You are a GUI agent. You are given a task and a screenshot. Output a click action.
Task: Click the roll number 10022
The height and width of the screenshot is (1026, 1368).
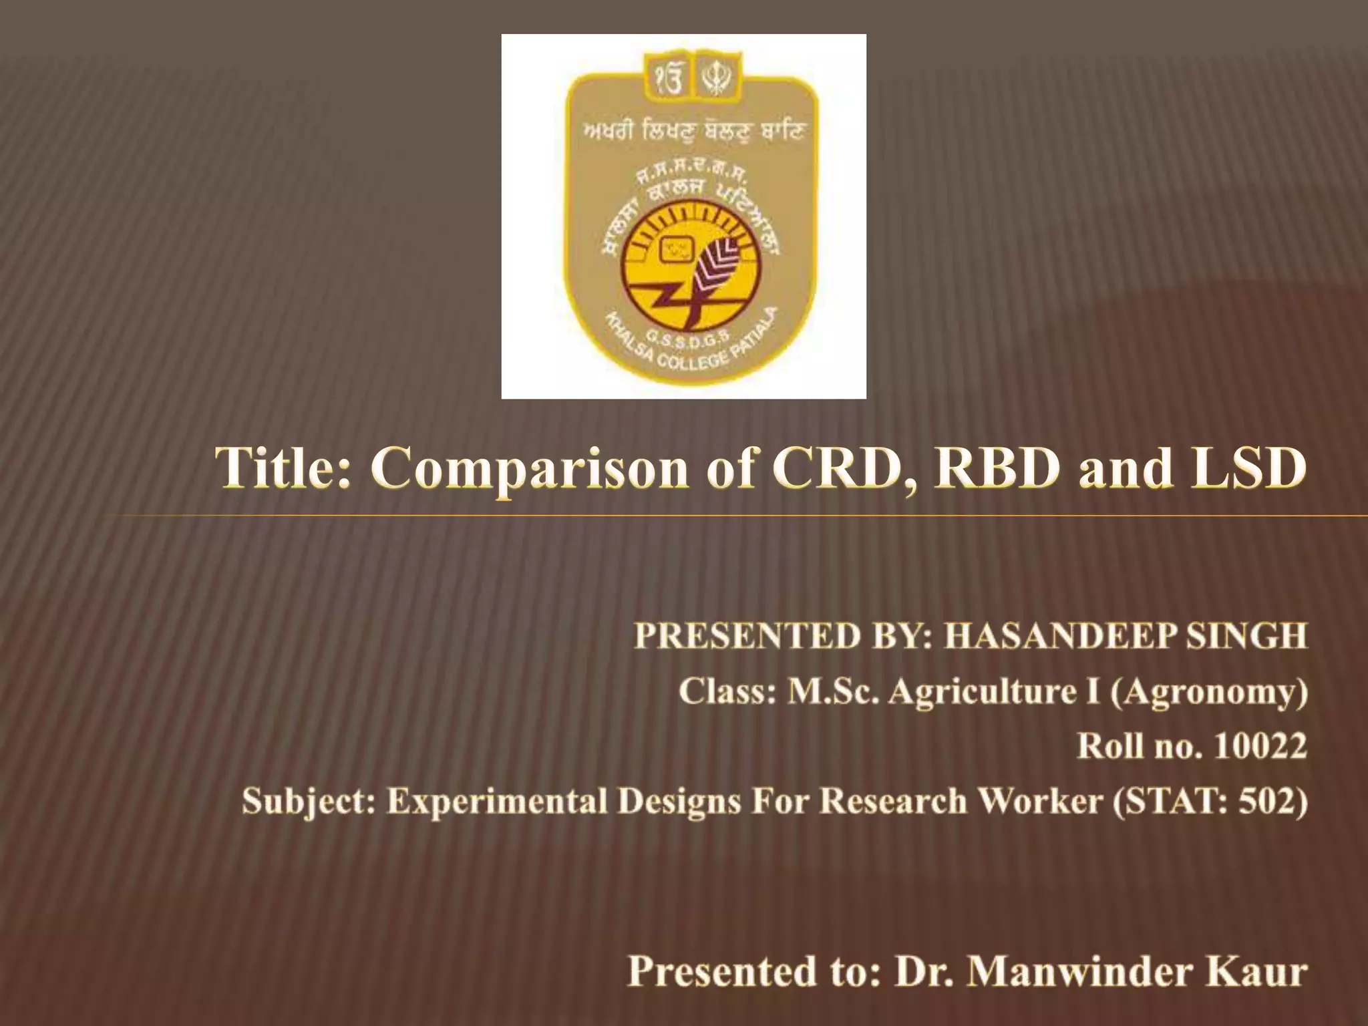pos(1259,746)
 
